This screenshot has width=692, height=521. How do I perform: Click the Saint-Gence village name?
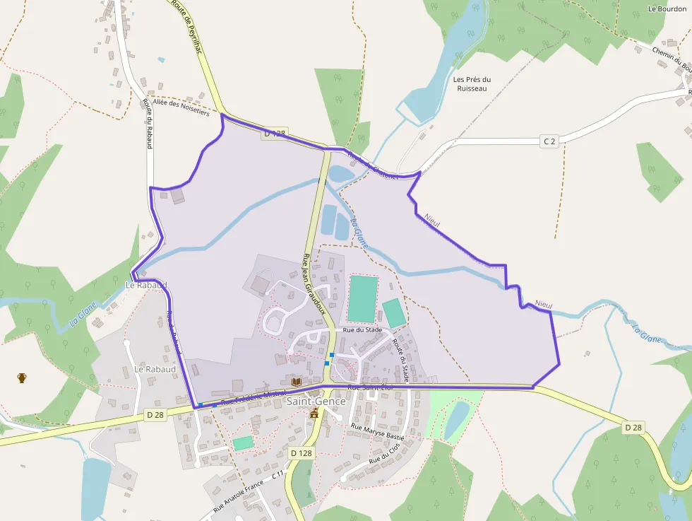[316, 402]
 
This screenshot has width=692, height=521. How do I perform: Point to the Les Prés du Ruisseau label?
[472, 84]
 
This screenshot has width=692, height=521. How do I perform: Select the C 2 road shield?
[549, 141]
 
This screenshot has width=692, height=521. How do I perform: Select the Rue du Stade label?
[362, 330]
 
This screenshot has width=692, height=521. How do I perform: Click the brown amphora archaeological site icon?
[22, 377]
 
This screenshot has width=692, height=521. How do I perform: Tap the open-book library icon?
[297, 382]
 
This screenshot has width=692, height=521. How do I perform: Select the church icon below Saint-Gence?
[314, 414]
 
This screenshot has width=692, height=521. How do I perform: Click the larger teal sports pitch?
[363, 298]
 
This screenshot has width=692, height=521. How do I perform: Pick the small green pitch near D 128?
[243, 443]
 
